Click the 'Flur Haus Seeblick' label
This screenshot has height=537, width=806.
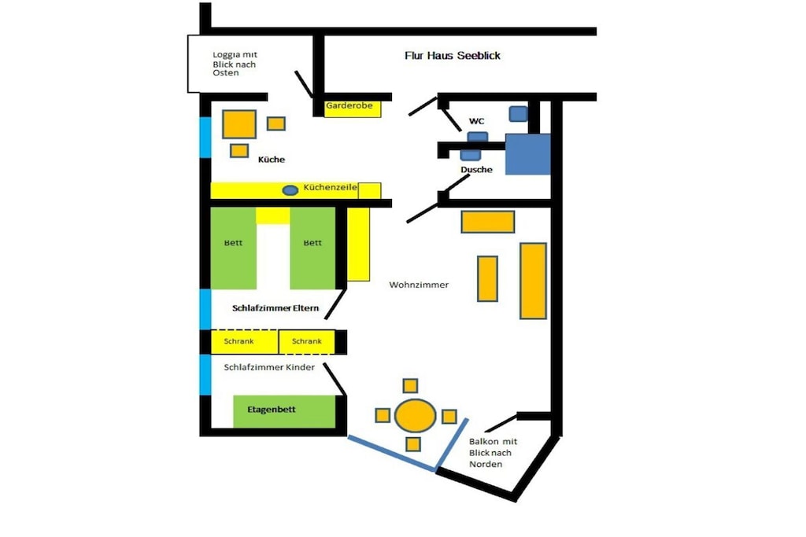point(453,56)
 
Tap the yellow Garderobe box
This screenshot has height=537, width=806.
point(353,109)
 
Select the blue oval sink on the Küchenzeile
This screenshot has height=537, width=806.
point(290,190)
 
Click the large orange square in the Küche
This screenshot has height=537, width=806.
point(239,124)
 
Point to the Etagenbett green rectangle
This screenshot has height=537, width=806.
point(284,411)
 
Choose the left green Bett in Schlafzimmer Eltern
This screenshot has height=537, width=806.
point(233,248)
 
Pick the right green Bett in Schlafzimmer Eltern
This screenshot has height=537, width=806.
point(312,248)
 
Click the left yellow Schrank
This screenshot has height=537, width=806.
point(245,341)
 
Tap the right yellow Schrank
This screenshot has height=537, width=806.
point(307,341)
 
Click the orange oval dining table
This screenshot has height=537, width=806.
point(416,415)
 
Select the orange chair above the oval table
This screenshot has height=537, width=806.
point(410,385)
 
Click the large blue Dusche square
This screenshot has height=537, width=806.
point(528,154)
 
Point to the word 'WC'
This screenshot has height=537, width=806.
point(476,121)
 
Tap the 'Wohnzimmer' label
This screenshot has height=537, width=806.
point(419,285)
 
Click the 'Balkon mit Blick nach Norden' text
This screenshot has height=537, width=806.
point(493,453)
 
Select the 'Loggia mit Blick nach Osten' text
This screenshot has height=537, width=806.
point(235,64)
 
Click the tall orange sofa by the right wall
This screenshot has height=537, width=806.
point(533,281)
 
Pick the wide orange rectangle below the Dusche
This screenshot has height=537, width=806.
point(488,222)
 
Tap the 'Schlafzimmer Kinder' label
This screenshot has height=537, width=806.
point(269,367)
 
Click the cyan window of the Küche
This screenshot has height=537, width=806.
point(205,137)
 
